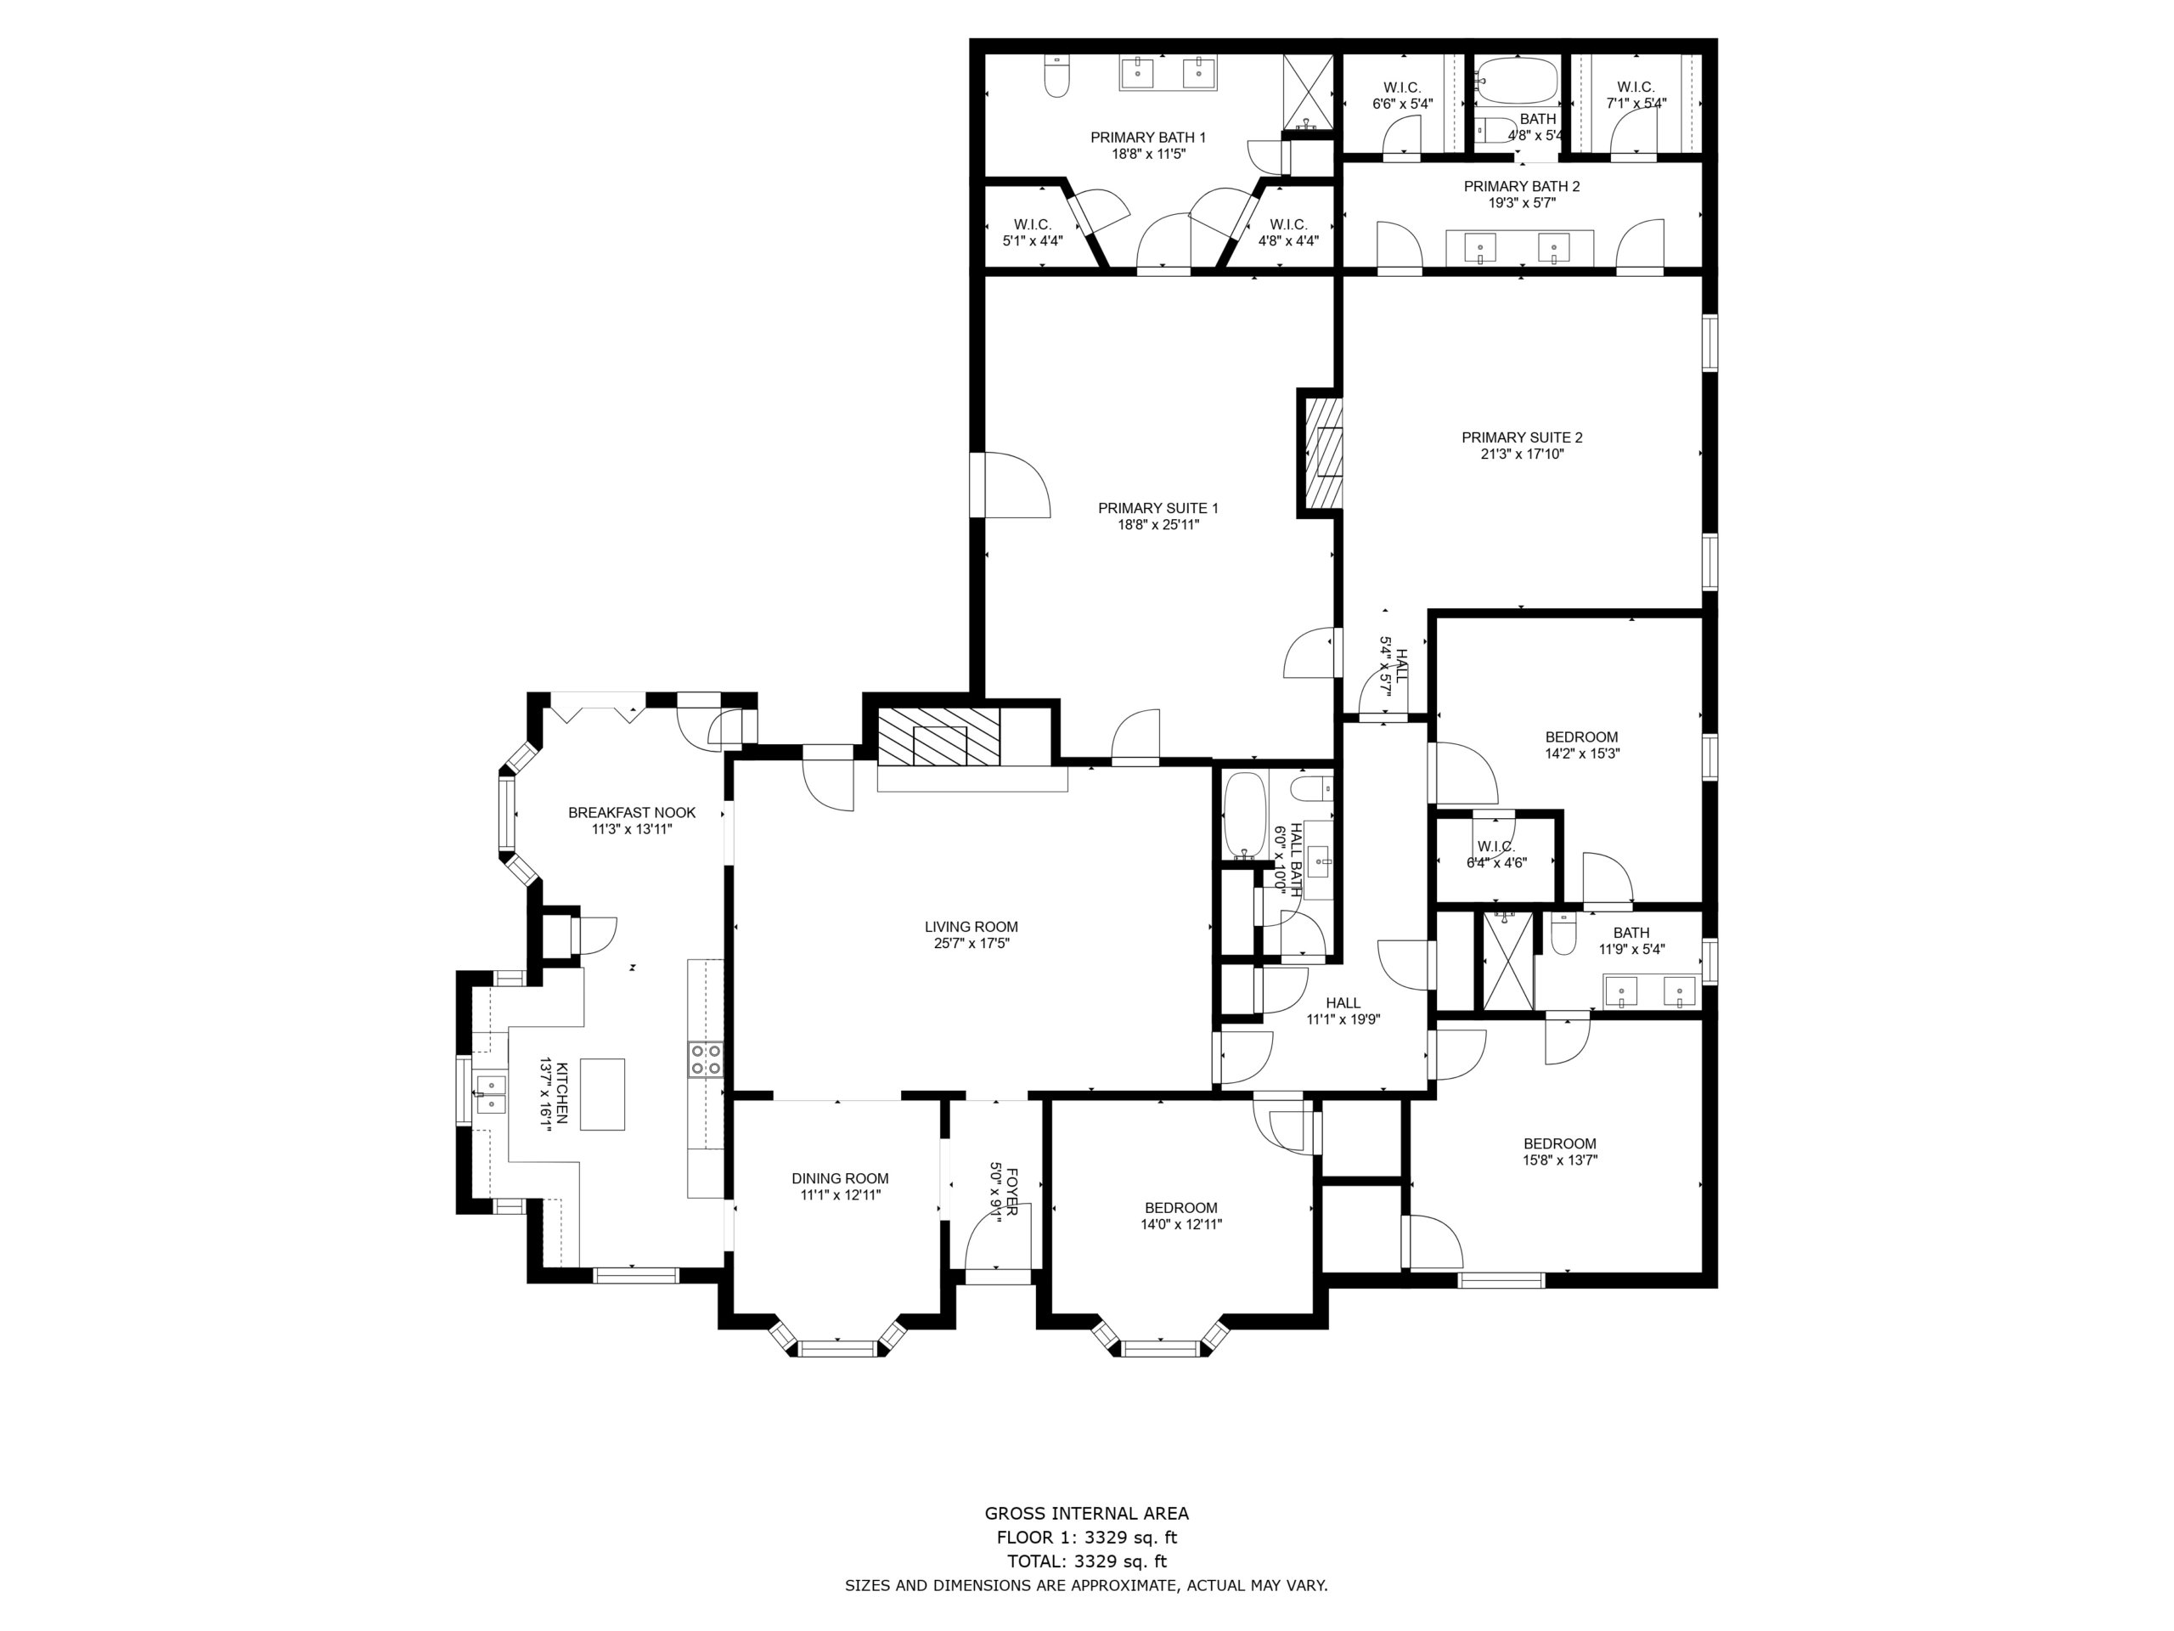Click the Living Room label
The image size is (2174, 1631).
point(971,926)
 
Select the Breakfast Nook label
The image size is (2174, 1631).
point(632,812)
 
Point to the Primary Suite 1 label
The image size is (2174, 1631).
point(1157,508)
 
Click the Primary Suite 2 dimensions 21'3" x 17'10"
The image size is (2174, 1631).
point(1522,454)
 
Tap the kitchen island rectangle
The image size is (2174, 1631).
point(602,1094)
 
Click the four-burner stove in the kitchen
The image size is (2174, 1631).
point(705,1058)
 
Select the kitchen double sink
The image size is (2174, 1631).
point(489,1094)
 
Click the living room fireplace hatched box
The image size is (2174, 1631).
point(938,736)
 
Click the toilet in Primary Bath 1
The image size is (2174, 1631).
point(1056,76)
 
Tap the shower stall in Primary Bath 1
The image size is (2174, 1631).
point(1308,92)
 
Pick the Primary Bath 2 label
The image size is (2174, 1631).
point(1522,186)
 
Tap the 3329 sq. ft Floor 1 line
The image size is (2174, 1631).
point(1086,1538)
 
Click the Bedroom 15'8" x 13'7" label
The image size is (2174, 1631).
point(1560,1151)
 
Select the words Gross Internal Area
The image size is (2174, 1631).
point(1086,1514)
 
